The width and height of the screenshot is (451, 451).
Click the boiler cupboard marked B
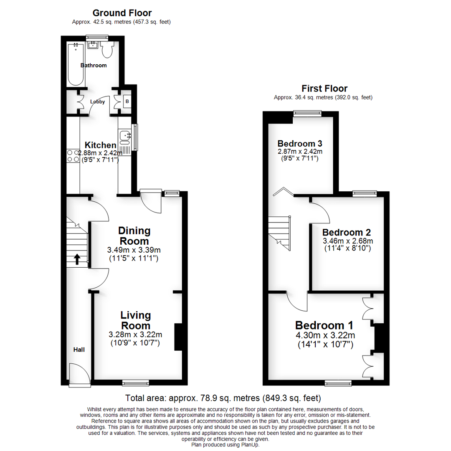click(x=126, y=101)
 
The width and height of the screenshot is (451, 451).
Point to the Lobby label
click(x=97, y=101)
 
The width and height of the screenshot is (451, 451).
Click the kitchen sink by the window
click(x=125, y=136)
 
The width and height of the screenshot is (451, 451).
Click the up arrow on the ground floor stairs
click(x=77, y=260)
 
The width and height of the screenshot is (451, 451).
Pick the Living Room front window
click(x=135, y=382)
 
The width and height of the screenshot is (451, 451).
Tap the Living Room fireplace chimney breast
click(x=177, y=337)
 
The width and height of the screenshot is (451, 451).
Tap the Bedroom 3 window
click(x=307, y=112)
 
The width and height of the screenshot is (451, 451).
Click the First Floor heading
click(x=324, y=89)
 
